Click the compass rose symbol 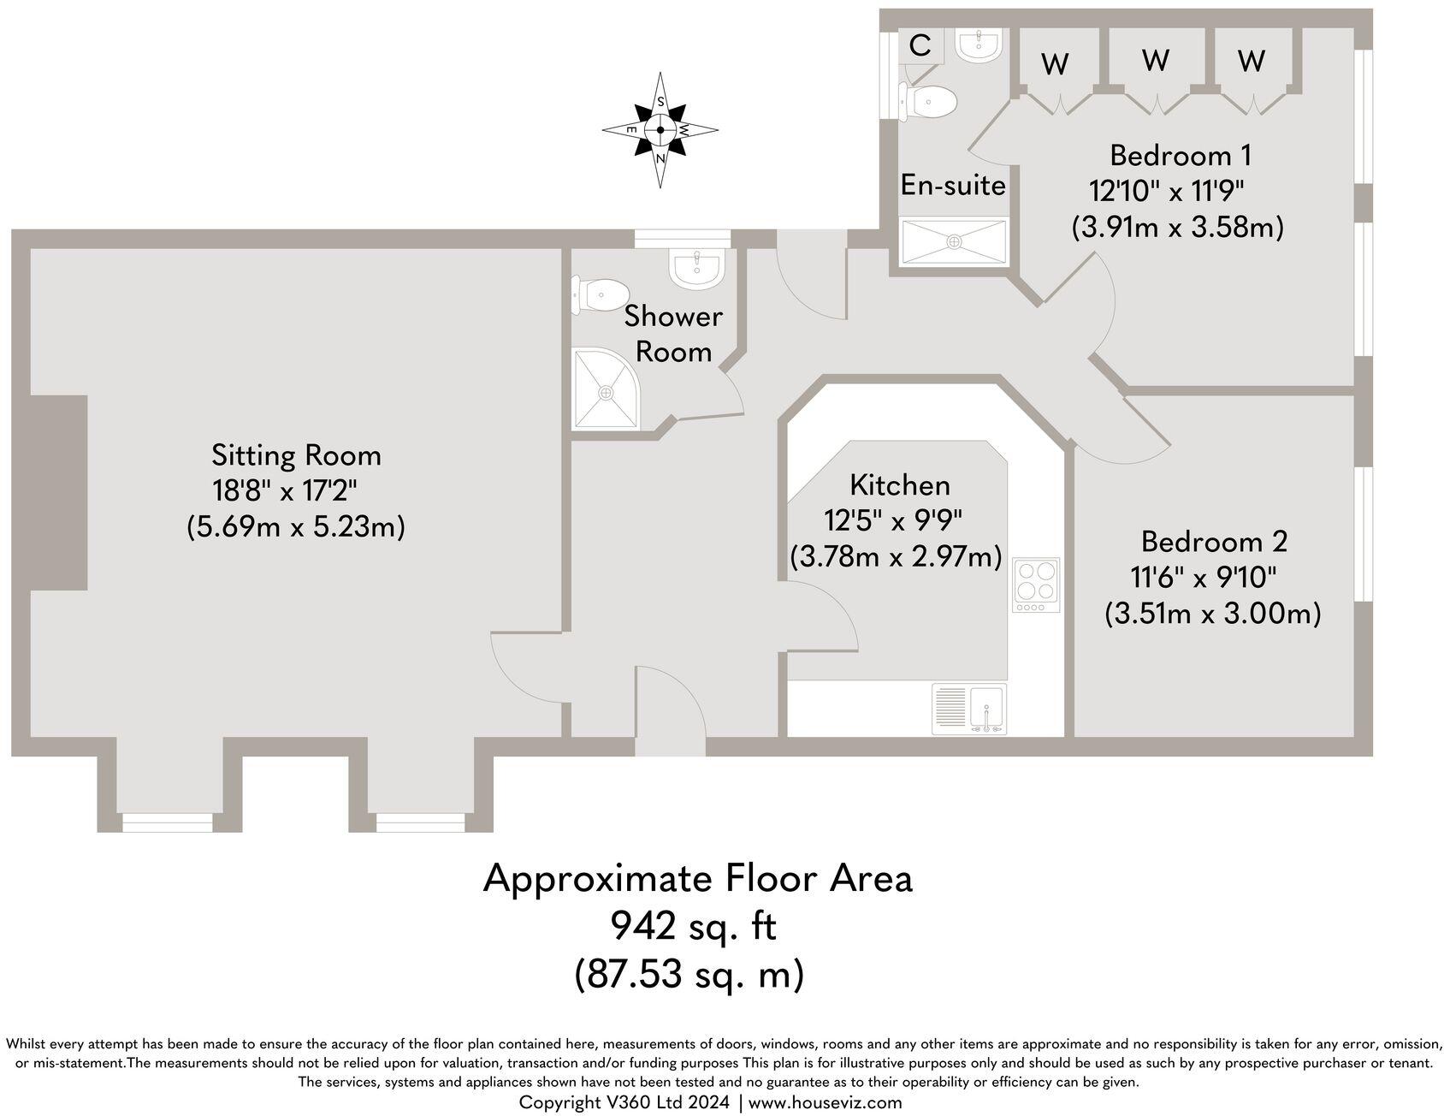[x=660, y=130]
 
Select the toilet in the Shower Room [x=596, y=295]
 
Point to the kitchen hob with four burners [x=1036, y=584]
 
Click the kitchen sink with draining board [x=969, y=709]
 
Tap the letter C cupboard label [x=920, y=45]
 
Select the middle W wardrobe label [x=1156, y=60]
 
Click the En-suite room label [x=953, y=185]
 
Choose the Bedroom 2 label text [x=1214, y=542]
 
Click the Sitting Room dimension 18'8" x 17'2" [x=284, y=491]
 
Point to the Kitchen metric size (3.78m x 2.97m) [x=896, y=557]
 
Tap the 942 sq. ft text [x=692, y=925]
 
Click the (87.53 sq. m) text [x=689, y=973]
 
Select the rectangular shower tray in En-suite [x=954, y=241]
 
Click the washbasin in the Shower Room [x=698, y=269]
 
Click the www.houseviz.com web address [x=825, y=1102]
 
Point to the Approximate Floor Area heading [x=697, y=879]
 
